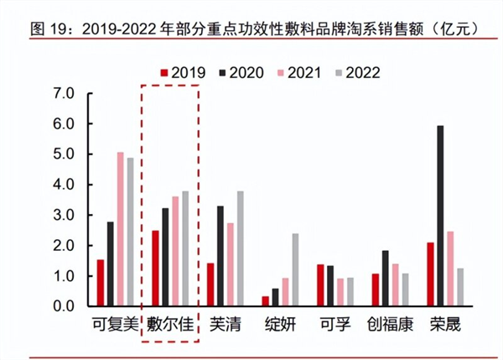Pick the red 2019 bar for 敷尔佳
point(155,269)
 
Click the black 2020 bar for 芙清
point(220,256)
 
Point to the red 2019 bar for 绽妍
point(266,301)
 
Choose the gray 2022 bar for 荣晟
point(460,288)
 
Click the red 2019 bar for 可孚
point(319,285)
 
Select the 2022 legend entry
point(354,72)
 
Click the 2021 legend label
point(298,72)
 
